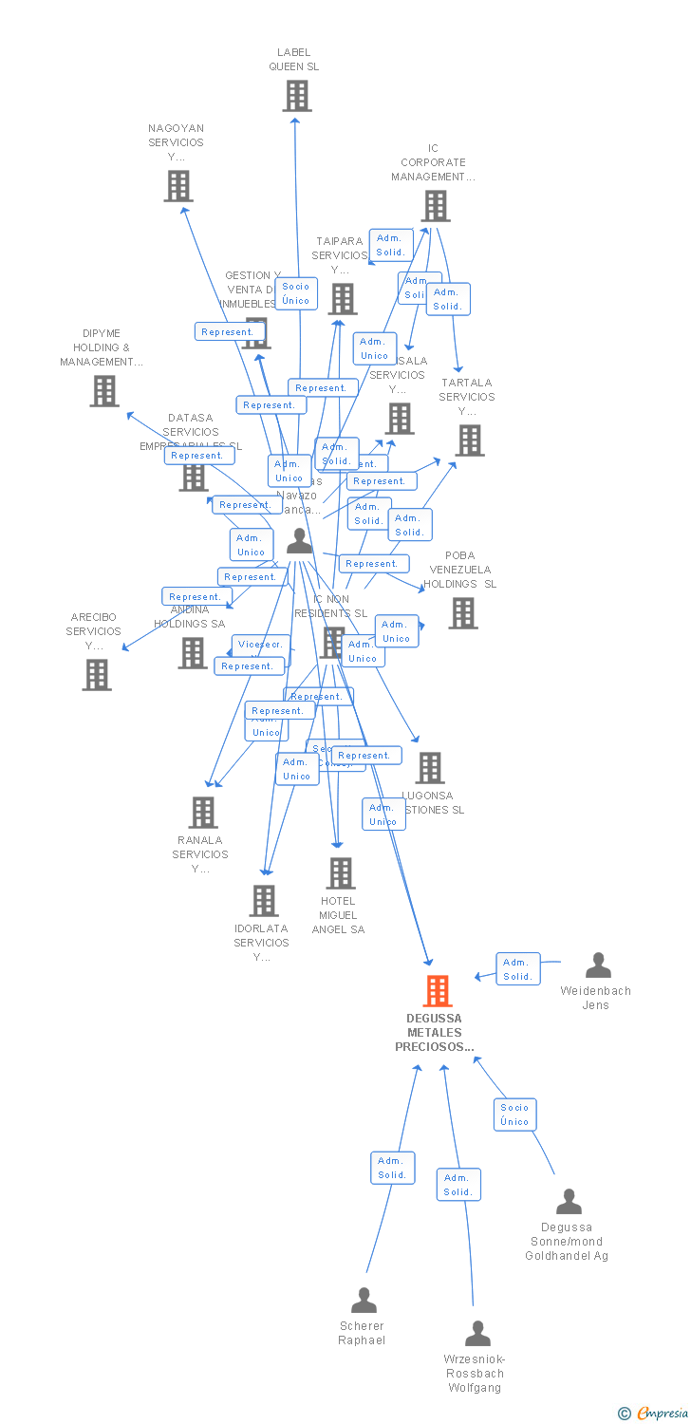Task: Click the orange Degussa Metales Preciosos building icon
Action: coord(437,991)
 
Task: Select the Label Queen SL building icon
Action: coord(296,96)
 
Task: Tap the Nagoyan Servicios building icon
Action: coord(177,186)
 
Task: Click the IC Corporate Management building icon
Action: coord(435,206)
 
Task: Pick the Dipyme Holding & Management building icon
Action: coord(103,391)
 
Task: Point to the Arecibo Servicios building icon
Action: coord(96,674)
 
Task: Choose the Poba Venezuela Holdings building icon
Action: coord(462,613)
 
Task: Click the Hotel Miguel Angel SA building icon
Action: coord(340,873)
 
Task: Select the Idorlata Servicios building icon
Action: coord(263,901)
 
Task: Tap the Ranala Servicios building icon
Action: coord(202,813)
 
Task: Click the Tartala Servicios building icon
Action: coord(469,440)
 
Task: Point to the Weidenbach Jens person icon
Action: coord(598,965)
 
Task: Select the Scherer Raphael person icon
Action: coord(364,1300)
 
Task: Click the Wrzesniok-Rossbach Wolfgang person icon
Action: coord(477,1333)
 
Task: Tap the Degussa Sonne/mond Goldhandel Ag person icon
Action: coord(569,1202)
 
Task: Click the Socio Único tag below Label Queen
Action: coord(296,293)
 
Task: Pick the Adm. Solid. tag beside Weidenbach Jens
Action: coord(517,969)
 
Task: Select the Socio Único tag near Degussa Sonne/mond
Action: coord(514,1115)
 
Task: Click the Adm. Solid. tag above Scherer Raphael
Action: coord(392,1168)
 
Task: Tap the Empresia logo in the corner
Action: coord(654,1414)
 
